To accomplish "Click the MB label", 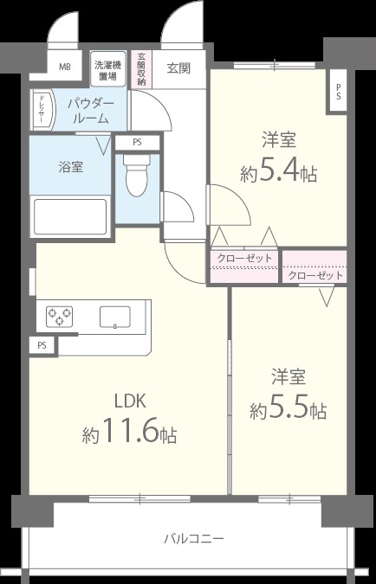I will point(65,67).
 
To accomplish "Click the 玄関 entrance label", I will point(178,67).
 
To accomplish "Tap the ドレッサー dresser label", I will point(42,110).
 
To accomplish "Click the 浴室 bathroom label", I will point(71,166).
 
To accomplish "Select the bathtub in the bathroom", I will point(69,215).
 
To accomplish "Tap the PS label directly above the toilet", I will point(137,143).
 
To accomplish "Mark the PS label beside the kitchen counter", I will point(41,344).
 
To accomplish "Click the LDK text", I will point(130,400).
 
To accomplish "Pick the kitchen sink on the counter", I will point(114,316).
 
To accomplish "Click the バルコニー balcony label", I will point(194,538).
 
